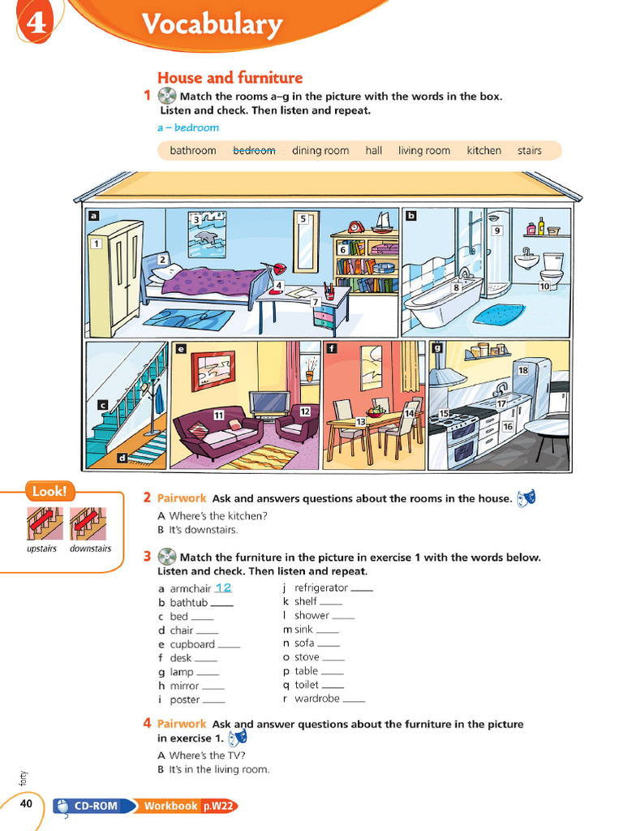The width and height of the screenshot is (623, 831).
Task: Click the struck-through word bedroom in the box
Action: [x=254, y=150]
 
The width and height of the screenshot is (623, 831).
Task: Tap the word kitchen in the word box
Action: [x=483, y=150]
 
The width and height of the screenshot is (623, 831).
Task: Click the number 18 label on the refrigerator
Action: [x=523, y=370]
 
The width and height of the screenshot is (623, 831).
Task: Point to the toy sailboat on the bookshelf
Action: [x=381, y=222]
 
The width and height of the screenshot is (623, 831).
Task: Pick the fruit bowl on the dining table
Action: [x=375, y=411]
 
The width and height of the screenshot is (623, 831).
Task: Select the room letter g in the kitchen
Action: [x=437, y=348]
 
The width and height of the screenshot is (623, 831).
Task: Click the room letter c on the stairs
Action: [x=103, y=406]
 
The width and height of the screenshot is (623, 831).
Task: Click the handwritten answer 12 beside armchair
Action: [x=223, y=588]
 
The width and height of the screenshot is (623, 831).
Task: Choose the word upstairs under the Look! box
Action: [x=42, y=549]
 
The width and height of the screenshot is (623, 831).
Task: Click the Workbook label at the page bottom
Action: [x=170, y=806]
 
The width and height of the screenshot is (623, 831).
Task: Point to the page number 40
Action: [x=26, y=803]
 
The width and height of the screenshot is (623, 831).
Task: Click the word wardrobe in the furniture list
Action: [x=317, y=699]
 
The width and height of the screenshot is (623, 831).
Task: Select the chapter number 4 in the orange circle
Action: [x=36, y=23]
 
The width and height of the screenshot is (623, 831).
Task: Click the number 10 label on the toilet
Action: [x=544, y=286]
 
